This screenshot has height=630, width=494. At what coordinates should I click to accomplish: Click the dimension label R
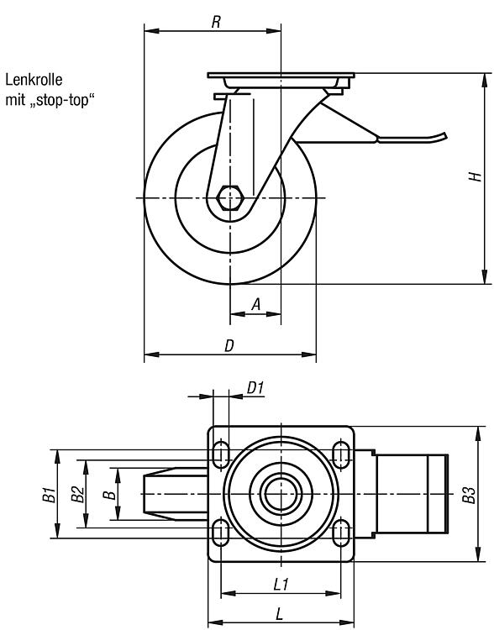[x=216, y=22]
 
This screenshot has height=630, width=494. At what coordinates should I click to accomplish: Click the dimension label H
[x=476, y=176]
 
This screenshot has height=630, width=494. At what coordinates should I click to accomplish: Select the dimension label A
[x=256, y=304]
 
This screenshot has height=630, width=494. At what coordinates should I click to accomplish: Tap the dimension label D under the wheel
[x=229, y=345]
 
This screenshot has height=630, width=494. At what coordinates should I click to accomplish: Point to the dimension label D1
[x=255, y=388]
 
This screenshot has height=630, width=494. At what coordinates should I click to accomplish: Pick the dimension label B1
[x=49, y=494]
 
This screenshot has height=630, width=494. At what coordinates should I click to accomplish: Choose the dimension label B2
[x=77, y=494]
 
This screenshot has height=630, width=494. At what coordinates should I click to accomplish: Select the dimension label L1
[x=281, y=585]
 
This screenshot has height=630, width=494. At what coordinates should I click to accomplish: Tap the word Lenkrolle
[x=34, y=80]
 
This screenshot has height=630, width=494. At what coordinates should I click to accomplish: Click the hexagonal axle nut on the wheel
[x=229, y=197]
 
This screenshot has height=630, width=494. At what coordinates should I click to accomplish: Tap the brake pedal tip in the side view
[x=444, y=136]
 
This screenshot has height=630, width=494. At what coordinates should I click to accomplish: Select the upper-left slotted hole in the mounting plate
[x=220, y=454]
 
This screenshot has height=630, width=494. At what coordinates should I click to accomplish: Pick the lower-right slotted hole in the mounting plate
[x=341, y=533]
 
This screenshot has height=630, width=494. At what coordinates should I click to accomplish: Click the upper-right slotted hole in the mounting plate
[x=341, y=454]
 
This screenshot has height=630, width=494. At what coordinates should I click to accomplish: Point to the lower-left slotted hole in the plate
[x=220, y=533]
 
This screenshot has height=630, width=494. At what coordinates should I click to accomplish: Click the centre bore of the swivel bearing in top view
[x=281, y=494]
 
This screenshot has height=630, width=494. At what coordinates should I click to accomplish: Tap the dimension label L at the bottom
[x=280, y=614]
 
